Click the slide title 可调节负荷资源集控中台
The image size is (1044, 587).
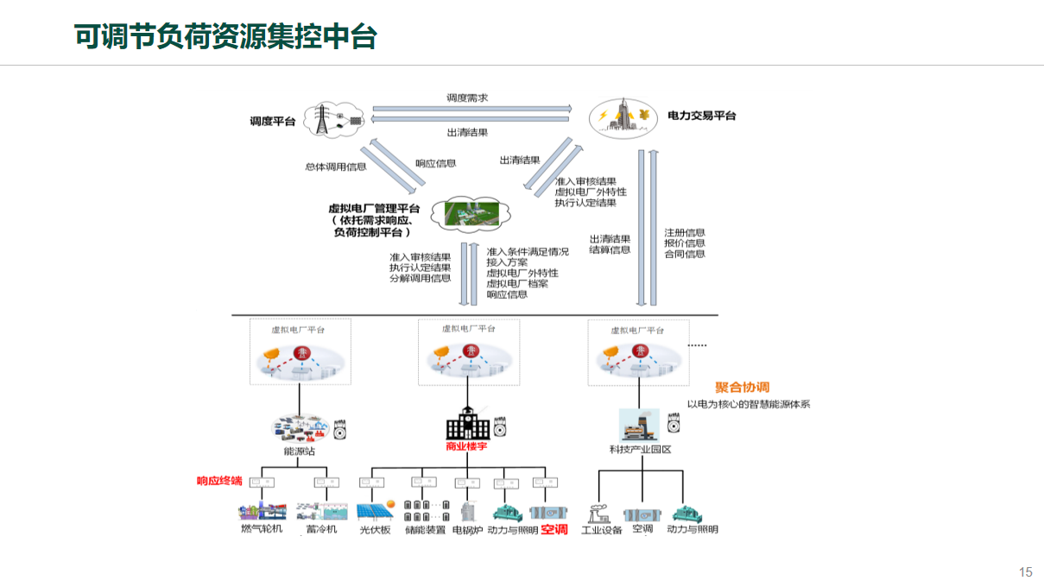point(225,36)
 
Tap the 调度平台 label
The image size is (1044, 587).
point(273,122)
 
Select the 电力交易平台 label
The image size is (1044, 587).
point(702,116)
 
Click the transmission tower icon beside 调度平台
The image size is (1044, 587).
point(324,120)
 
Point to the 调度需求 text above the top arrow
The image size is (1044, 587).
point(467,98)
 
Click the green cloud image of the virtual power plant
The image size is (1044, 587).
point(470,211)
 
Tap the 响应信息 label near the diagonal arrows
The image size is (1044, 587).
point(436,163)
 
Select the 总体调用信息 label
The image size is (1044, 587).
point(336,167)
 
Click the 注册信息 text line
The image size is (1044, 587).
point(685,233)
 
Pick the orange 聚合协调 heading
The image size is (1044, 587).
point(742,388)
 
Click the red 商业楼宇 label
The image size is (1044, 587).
point(467,446)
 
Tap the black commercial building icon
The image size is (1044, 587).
point(467,423)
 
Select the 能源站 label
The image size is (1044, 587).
point(300,451)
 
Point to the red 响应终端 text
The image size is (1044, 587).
point(219,481)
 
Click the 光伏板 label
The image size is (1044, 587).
point(376,530)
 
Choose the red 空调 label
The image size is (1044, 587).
point(554,529)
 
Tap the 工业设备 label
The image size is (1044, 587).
point(602,530)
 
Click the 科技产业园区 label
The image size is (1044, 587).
point(641,450)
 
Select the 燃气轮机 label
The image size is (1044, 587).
point(262,528)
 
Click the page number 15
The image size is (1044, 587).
point(1026,571)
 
